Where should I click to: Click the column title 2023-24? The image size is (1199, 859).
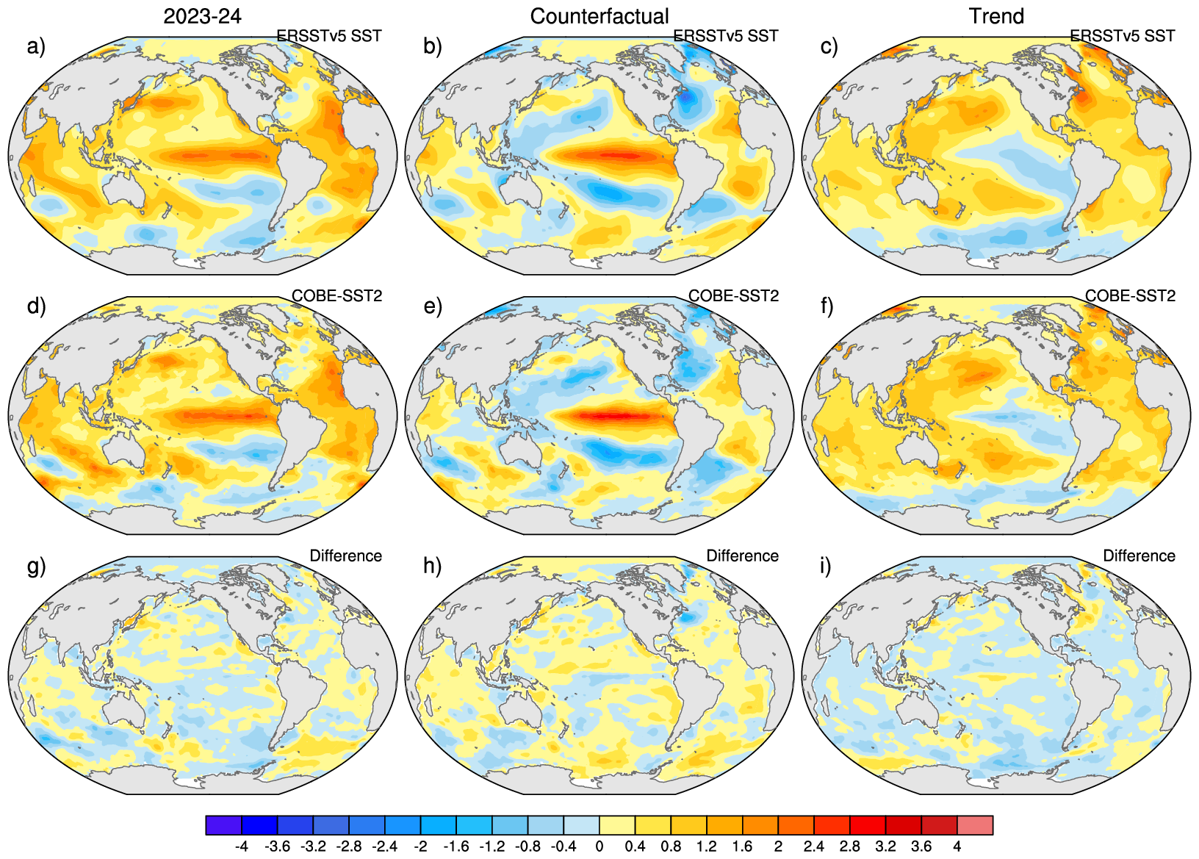click(202, 16)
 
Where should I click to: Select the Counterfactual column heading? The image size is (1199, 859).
click(599, 16)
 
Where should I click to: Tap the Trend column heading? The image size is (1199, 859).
click(996, 16)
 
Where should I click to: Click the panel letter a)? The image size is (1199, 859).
click(36, 46)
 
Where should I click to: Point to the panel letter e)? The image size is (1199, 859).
click(433, 306)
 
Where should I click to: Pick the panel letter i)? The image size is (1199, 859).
click(827, 566)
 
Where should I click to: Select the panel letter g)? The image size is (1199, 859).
click(36, 566)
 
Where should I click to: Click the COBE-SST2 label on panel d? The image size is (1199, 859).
click(337, 295)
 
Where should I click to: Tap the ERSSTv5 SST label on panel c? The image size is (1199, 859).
click(1122, 36)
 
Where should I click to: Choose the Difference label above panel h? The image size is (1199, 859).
click(742, 556)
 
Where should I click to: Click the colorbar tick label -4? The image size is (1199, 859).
click(241, 847)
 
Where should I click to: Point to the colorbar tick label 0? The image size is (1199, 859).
click(599, 847)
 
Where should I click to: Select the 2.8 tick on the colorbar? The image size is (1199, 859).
click(850, 847)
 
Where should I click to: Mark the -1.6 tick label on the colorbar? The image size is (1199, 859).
click(456, 847)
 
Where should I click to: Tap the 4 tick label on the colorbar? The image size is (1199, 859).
click(957, 847)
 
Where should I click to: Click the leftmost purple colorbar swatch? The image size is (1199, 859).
click(223, 825)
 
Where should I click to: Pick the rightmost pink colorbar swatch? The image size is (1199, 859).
click(975, 825)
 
